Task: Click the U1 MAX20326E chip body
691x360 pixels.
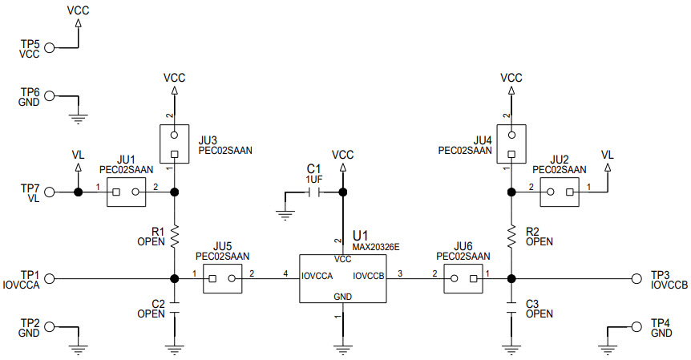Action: point(342,279)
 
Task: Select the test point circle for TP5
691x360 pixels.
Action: point(50,48)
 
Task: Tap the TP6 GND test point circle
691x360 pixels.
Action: point(50,96)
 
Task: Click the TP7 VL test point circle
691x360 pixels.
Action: point(50,192)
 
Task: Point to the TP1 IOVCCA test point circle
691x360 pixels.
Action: point(50,279)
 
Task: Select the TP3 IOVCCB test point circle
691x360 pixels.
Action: point(636,279)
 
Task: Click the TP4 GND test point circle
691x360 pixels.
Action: point(636,327)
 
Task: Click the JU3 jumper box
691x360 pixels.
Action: point(174,144)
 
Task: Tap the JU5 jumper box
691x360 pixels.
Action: point(222,279)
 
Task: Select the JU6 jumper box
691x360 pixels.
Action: point(463,279)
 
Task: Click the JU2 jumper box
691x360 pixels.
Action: point(559,192)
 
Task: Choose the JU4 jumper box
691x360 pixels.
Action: point(511,144)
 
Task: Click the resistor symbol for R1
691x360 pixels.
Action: point(174,235)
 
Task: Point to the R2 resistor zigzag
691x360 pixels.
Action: point(511,235)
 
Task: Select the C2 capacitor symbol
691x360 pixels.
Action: point(174,309)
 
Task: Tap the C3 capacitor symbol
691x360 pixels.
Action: point(511,309)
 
